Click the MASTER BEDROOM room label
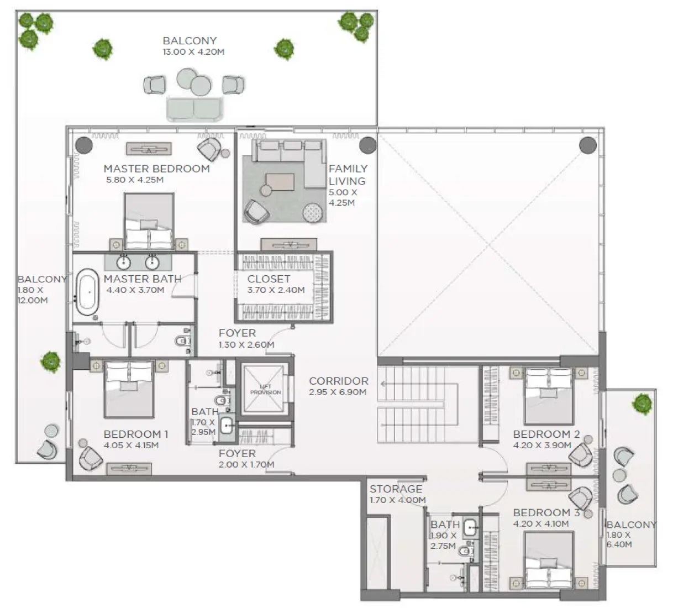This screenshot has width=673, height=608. click(156, 169)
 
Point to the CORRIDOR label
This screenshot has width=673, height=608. click(338, 381)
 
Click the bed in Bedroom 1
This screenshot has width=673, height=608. click(129, 389)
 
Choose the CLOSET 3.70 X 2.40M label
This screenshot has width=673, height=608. click(276, 284)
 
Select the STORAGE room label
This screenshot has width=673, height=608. click(396, 489)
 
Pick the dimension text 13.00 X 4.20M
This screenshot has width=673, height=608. click(193, 52)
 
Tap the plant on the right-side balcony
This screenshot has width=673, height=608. click(642, 403)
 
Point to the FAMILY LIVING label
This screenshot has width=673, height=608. click(348, 175)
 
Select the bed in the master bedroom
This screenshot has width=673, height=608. click(149, 221)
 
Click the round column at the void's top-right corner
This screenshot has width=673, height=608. click(588, 145)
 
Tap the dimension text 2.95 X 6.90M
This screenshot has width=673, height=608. click(338, 392)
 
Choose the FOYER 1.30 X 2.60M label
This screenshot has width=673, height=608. click(245, 338)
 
